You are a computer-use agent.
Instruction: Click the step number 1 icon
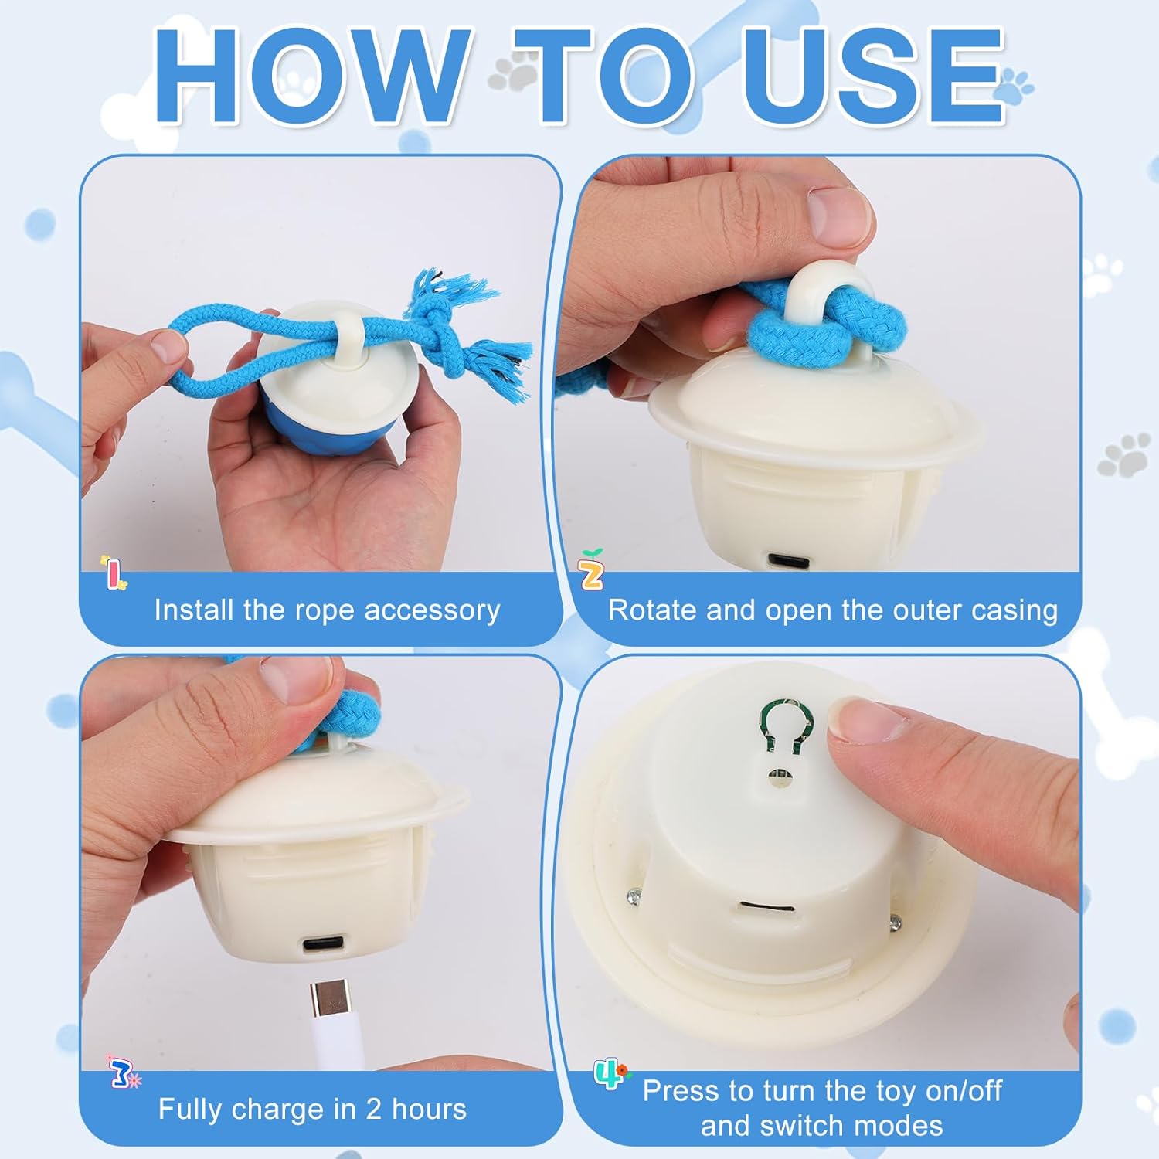coord(114,573)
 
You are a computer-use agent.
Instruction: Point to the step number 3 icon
coord(123,1072)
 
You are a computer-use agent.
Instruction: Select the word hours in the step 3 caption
coord(429,1109)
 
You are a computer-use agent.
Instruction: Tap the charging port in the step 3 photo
coord(323,944)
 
